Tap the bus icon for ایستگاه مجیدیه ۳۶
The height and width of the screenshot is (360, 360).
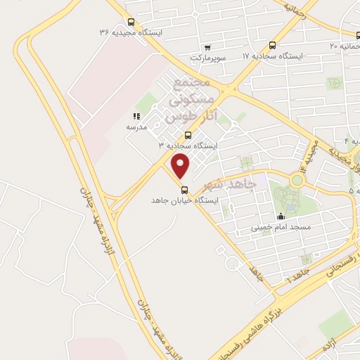pos(131,22)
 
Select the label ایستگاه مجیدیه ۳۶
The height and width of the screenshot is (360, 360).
pos(131,33)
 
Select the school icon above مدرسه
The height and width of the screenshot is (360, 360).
pos(136,116)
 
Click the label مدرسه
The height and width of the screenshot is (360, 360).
pos(136,127)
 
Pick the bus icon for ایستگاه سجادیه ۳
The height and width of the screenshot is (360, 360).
pos(188,134)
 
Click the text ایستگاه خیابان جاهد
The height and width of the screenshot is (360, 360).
pos(185,200)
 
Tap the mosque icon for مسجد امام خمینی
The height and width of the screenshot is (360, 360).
pos(281,217)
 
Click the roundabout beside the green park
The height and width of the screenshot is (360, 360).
pos(297,179)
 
